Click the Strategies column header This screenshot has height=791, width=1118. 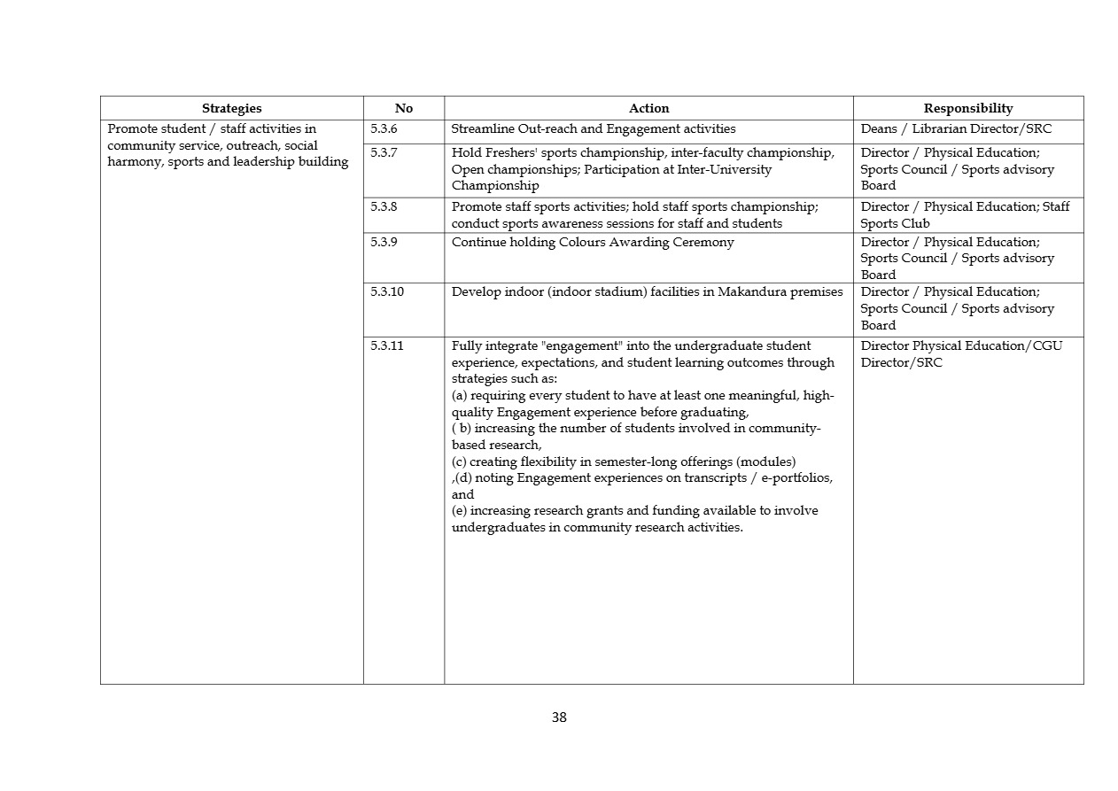point(231,108)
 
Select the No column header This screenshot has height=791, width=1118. point(403,108)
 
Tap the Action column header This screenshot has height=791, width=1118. point(648,108)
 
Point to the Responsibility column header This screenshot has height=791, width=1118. point(967,108)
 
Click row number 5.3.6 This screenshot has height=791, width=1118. point(384,129)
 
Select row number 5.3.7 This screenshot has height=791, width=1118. point(384,153)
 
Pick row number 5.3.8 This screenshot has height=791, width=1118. point(384,207)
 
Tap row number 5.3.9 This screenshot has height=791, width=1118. point(384,243)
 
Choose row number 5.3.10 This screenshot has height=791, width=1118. point(387,292)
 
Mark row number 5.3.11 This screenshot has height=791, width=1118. point(387,346)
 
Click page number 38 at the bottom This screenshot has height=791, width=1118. point(559,717)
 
